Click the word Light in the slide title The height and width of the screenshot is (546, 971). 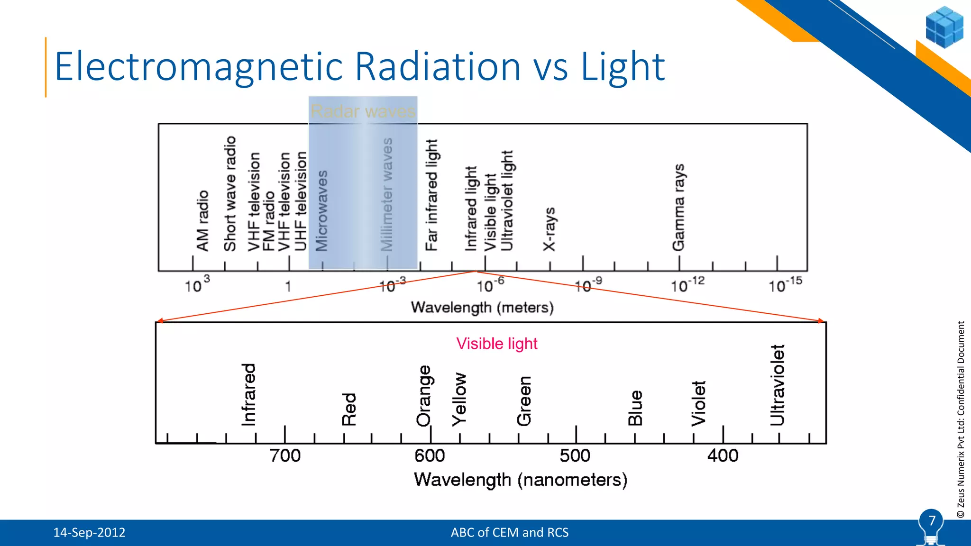(x=623, y=67)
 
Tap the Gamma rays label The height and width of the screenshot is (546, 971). (x=678, y=208)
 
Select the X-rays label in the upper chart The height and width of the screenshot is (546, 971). (x=549, y=229)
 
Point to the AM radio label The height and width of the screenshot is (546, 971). (x=202, y=221)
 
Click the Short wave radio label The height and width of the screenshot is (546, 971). (x=230, y=193)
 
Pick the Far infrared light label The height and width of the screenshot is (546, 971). (x=431, y=195)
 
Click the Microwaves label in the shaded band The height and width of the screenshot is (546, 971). (x=322, y=211)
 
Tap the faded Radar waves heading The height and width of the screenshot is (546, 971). (x=363, y=111)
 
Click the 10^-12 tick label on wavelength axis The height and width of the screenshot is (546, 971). (x=687, y=285)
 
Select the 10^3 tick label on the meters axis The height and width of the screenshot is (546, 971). (x=197, y=285)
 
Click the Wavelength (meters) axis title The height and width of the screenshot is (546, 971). (x=482, y=308)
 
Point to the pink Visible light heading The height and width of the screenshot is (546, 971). (x=496, y=344)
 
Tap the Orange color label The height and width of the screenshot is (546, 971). (x=424, y=396)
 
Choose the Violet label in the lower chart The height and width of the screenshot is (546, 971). (x=698, y=403)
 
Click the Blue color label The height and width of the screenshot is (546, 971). (x=635, y=408)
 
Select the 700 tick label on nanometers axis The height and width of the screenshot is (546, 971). (x=285, y=456)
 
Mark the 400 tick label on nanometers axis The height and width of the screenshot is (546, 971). (x=723, y=456)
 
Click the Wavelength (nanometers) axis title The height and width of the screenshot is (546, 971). (x=521, y=480)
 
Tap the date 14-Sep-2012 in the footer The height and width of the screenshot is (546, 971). (x=89, y=533)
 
